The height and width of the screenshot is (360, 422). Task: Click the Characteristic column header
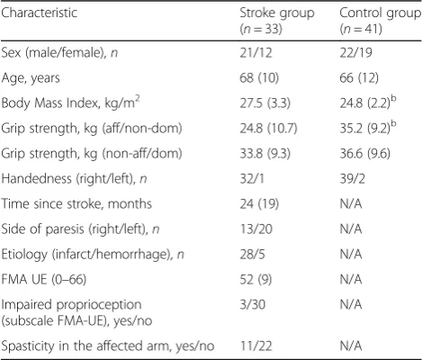(x=40, y=13)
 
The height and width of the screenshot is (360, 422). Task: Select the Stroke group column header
(x=277, y=21)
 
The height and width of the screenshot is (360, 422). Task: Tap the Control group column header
(x=380, y=21)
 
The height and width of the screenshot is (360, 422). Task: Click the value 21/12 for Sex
(x=256, y=53)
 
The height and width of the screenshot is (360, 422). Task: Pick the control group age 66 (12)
(x=359, y=78)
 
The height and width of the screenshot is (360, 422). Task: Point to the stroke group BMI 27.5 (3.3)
(x=265, y=103)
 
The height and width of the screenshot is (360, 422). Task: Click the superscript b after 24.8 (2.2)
(x=393, y=99)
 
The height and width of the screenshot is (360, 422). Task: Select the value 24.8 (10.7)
(x=268, y=129)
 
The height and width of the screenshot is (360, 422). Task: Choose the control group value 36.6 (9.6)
(x=365, y=154)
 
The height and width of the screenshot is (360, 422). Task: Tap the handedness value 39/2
(x=353, y=179)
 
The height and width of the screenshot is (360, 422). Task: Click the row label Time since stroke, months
(x=76, y=204)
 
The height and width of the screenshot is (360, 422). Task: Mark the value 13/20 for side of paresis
(x=256, y=229)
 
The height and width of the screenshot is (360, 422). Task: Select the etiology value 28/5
(x=253, y=255)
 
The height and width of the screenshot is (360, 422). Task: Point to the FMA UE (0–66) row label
(x=44, y=280)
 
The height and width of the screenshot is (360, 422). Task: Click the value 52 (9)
(x=256, y=280)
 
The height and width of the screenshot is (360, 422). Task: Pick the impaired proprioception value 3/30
(x=253, y=305)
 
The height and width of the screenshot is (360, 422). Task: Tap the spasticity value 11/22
(x=256, y=346)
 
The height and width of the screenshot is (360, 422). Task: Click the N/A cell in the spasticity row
(x=351, y=346)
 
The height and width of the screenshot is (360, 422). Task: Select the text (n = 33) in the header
(x=261, y=29)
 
